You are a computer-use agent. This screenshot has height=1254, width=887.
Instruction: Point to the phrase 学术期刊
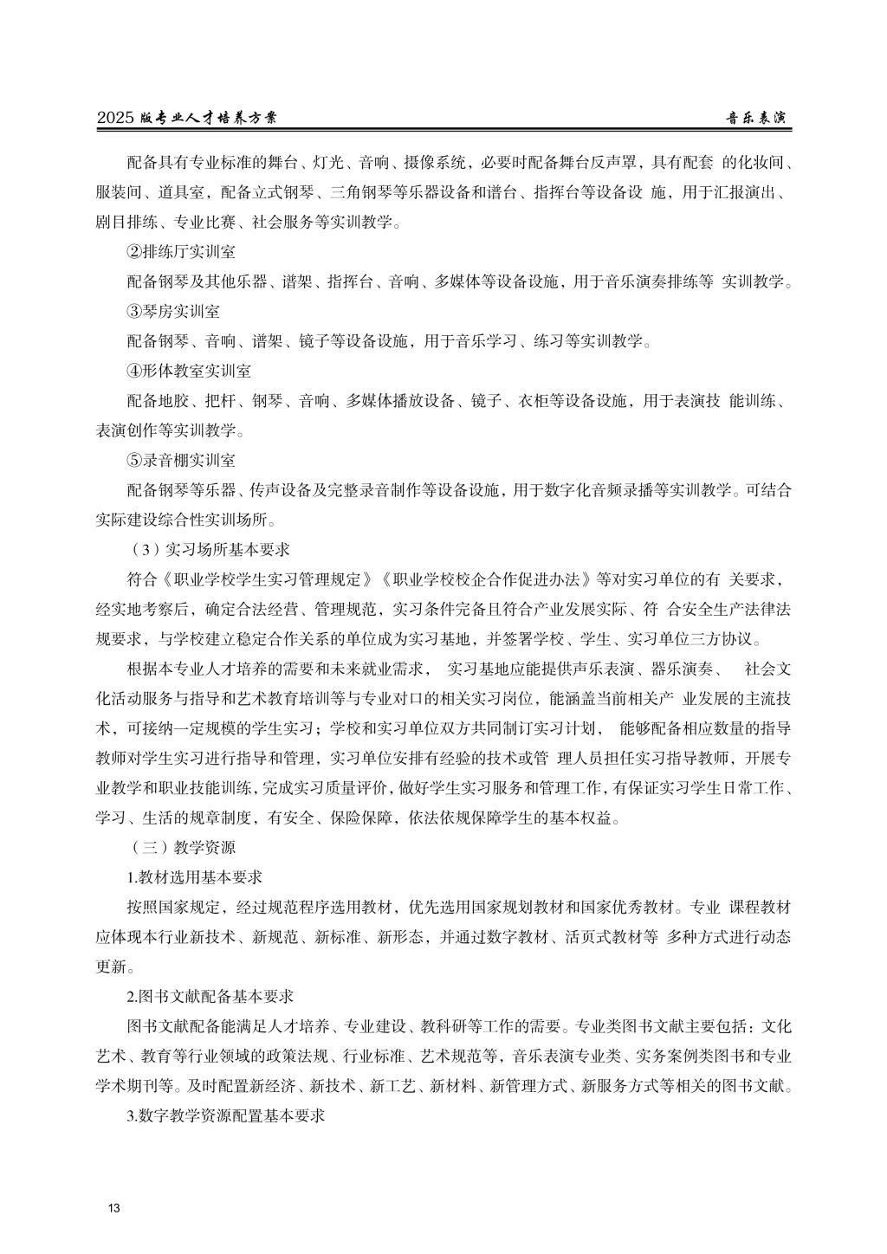coord(126,1086)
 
